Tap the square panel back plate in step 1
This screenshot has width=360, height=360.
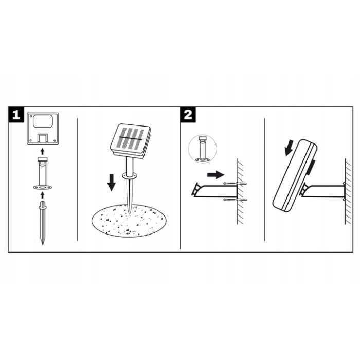click(42, 128)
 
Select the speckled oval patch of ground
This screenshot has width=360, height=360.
click(129, 220)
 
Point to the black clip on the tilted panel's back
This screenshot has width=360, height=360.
click(313, 167)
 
